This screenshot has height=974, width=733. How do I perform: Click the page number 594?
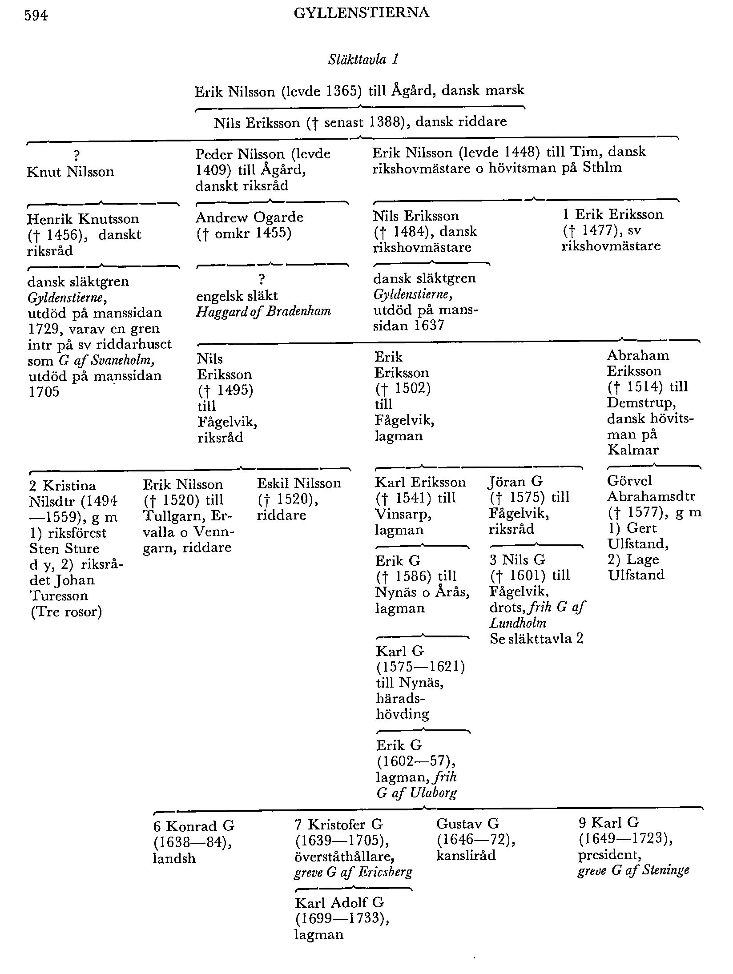tap(36, 16)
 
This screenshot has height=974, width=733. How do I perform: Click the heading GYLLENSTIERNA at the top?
tap(361, 13)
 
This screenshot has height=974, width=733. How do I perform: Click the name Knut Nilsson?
tap(70, 172)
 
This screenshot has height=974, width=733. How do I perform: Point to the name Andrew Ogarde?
tap(249, 217)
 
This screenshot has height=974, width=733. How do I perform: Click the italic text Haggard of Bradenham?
tap(263, 311)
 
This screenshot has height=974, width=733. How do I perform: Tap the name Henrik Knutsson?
tap(83, 219)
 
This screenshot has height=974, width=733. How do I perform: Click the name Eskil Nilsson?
tap(299, 483)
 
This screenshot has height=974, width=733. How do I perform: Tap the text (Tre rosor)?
tap(66, 612)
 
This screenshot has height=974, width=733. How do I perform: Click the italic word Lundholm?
tap(518, 623)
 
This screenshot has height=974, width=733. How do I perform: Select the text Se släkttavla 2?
tap(536, 639)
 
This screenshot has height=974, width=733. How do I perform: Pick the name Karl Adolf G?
tap(339, 903)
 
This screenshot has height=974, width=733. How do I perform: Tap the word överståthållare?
tap(345, 856)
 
